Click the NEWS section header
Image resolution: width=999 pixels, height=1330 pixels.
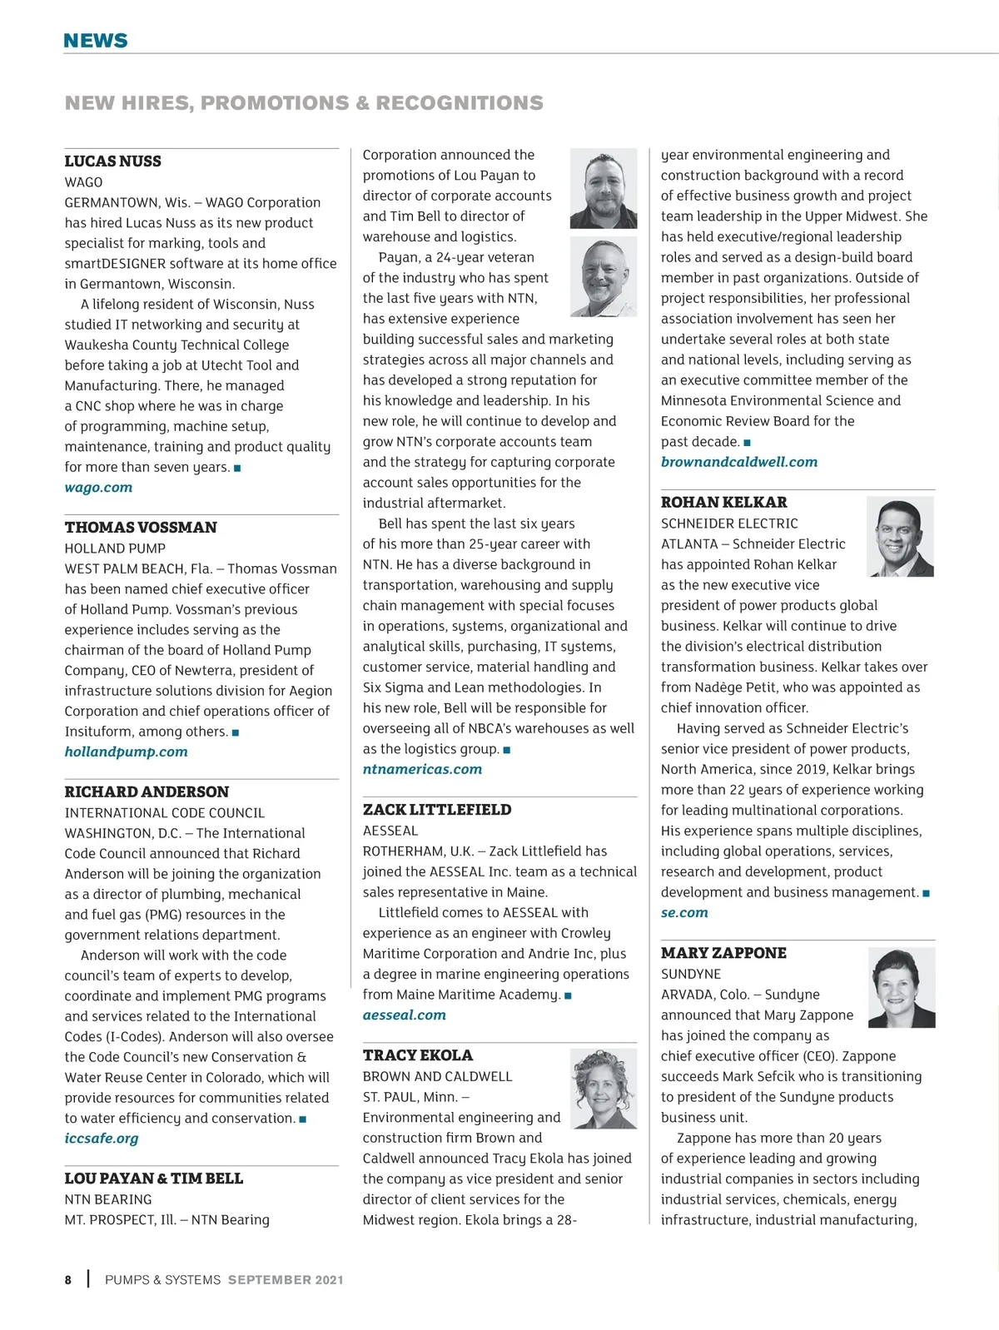click(x=96, y=41)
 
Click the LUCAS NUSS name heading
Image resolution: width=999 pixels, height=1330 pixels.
click(x=113, y=161)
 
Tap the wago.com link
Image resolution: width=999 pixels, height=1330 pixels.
click(x=98, y=488)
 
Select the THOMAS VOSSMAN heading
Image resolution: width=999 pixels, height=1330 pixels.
click(x=141, y=528)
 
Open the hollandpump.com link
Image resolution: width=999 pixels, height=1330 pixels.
click(x=127, y=752)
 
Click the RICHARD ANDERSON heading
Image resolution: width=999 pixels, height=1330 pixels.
click(x=147, y=792)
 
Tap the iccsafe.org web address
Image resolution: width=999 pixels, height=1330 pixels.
click(x=102, y=1139)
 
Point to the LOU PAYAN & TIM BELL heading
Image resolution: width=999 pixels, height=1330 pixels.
click(x=154, y=1179)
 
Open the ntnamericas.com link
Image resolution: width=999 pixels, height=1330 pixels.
click(x=422, y=769)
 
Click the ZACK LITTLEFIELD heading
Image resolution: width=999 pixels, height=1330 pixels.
click(x=437, y=810)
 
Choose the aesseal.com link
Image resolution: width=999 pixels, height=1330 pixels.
click(x=404, y=1015)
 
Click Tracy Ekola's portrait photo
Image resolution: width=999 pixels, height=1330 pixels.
click(x=603, y=1088)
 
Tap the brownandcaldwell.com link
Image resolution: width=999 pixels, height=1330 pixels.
click(x=739, y=462)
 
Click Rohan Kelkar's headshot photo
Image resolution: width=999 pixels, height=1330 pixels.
click(x=900, y=537)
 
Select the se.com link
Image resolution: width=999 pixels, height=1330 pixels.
click(x=684, y=912)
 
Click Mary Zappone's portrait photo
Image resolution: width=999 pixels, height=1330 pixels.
click(x=902, y=988)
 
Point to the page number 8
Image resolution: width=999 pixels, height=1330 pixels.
click(x=68, y=1280)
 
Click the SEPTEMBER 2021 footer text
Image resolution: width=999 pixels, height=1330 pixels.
click(x=286, y=1280)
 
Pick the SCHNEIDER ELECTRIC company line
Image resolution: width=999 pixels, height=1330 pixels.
click(x=729, y=524)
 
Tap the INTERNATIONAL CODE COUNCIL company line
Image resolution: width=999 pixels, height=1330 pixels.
click(x=165, y=813)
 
